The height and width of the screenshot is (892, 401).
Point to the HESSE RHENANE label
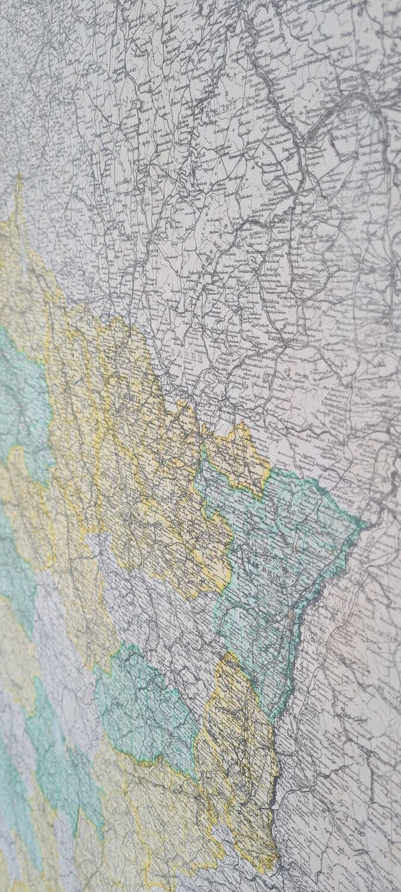point(349,203)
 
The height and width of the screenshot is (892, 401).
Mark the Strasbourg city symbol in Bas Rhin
point(289,615)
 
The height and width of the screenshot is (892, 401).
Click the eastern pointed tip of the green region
point(366,523)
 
